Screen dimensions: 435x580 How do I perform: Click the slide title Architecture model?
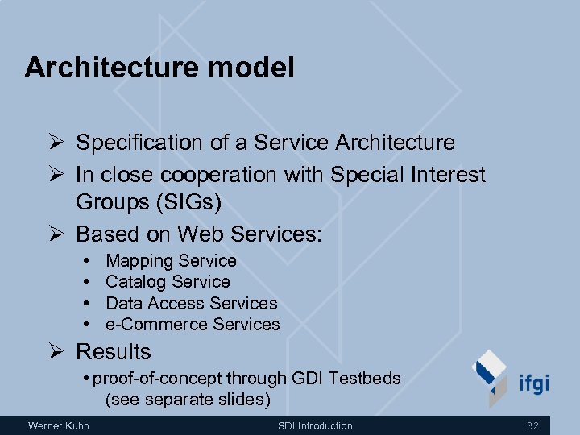click(x=159, y=68)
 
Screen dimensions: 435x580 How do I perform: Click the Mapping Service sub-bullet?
click(x=171, y=261)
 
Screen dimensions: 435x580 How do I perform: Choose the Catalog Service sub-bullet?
click(x=168, y=282)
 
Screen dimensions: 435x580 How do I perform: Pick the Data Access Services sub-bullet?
click(x=191, y=304)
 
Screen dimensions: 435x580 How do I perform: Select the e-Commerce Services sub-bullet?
click(x=193, y=325)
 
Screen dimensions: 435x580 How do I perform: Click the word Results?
click(x=113, y=352)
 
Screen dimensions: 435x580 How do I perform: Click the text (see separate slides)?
click(x=188, y=400)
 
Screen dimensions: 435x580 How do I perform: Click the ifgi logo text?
click(x=533, y=383)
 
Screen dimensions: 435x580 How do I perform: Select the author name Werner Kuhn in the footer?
click(x=59, y=425)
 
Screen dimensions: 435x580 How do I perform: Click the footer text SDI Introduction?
click(x=315, y=425)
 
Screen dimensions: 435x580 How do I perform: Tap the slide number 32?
click(x=532, y=425)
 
